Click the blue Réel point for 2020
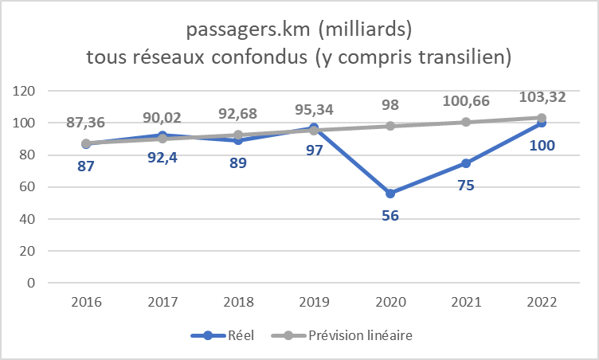(x=390, y=194)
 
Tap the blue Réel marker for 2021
(x=466, y=163)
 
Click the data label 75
(x=466, y=186)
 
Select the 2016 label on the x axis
(x=86, y=303)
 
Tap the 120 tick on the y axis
(x=29, y=92)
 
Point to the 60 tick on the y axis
(x=32, y=187)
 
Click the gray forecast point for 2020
(x=390, y=126)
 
